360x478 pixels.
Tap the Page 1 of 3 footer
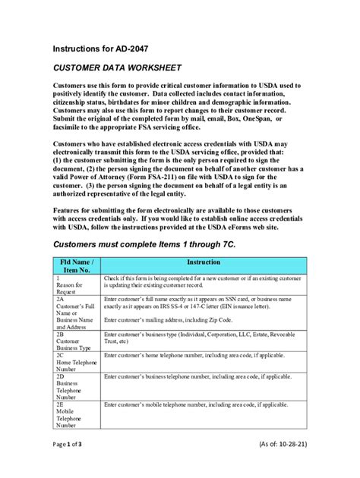73,464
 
